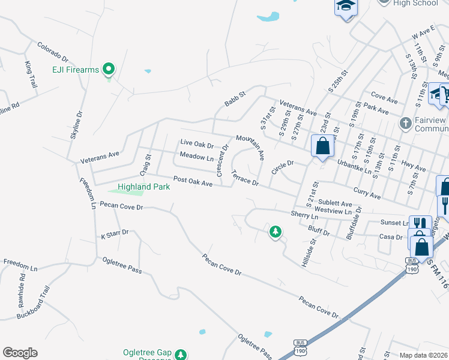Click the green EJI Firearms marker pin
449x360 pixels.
pos(109,69)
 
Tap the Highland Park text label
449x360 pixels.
pos(143,187)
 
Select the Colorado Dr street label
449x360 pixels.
pos(53,53)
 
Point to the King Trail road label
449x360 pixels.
pos(29,75)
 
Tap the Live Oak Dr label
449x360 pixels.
pos(197,145)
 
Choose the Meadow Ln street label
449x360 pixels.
pos(197,157)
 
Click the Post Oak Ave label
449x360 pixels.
pos(193,181)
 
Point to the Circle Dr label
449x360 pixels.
pos(282,167)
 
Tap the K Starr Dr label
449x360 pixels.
pos(115,234)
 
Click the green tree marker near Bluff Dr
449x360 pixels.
pos(276,230)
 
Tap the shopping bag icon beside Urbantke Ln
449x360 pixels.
pos(322,146)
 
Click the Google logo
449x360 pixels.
pos(20,353)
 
